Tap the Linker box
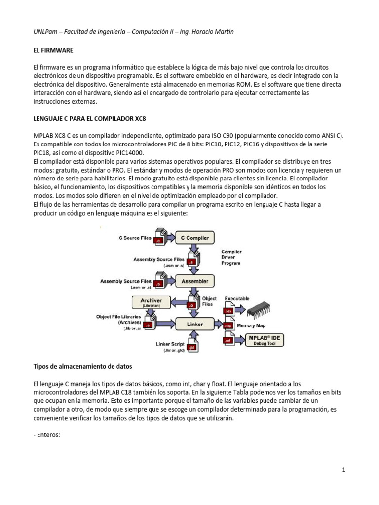tap(195, 324)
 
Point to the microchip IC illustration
tap(262, 309)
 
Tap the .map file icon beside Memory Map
tap(228, 325)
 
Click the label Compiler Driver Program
tap(231, 257)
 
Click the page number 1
tap(344, 470)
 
